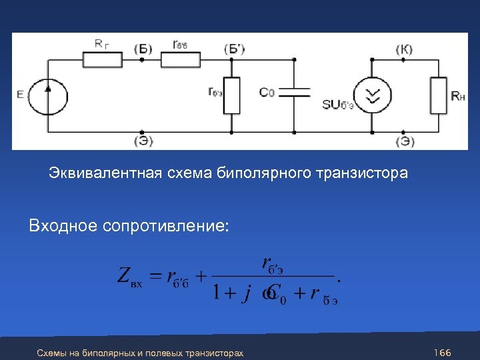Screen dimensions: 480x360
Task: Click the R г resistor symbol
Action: pos(102,60)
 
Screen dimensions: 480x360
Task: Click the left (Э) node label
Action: pos(143,140)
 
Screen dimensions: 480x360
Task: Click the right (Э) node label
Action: pos(404,140)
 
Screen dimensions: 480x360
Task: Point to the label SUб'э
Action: pos(337,105)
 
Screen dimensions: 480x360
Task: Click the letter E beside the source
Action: pos(20,95)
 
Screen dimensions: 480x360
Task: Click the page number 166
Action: pos(443,352)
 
